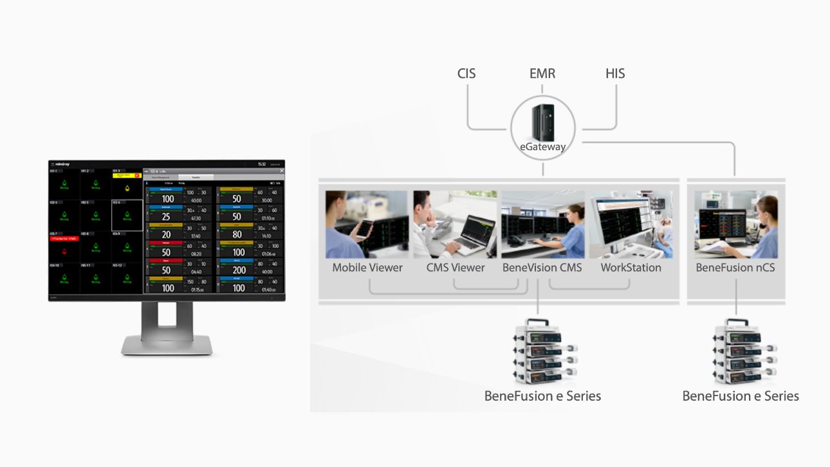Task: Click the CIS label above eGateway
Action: [466, 73]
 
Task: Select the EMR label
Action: [542, 73]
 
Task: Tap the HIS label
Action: [615, 73]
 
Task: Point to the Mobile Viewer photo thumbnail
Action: [367, 224]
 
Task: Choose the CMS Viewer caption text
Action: [456, 267]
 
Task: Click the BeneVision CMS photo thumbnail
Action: [542, 224]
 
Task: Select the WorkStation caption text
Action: [631, 267]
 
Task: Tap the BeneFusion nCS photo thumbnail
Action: [736, 224]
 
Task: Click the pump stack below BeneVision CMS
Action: [542, 351]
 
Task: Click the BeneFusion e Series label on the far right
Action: [741, 396]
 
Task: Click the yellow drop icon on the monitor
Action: [127, 187]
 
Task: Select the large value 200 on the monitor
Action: [239, 271]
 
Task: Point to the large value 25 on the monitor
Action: [166, 217]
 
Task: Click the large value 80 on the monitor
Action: [237, 234]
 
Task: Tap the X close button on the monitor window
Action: [281, 171]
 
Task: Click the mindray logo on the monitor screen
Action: [62, 164]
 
